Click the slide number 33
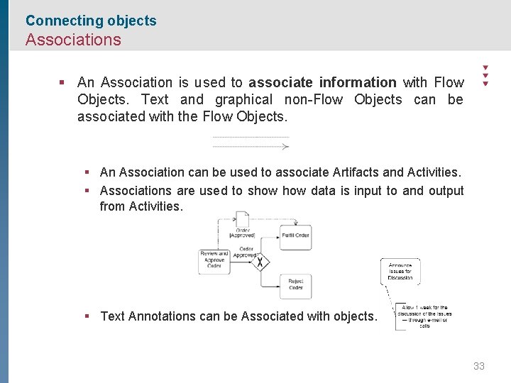point(479,366)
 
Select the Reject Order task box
point(295,286)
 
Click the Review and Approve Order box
point(214,260)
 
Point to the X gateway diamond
point(260,262)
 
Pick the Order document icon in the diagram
point(243,219)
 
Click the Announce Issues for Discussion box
point(400,271)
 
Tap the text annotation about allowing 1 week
point(424,316)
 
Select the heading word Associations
point(73,40)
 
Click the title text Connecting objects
point(91,21)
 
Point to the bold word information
point(358,82)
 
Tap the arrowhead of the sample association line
point(285,146)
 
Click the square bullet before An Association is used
point(62,82)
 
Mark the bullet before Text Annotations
point(86,316)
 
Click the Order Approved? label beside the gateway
point(246,252)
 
